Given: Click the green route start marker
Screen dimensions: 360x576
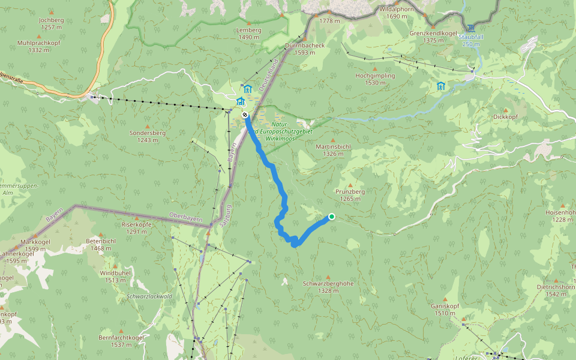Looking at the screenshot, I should [332, 217].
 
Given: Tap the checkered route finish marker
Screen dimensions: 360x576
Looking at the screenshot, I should [245, 115].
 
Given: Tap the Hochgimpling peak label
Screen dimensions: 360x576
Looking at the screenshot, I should [375, 76].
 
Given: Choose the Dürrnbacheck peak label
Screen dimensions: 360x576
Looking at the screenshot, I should [305, 45].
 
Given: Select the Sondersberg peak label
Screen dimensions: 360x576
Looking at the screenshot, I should [147, 133].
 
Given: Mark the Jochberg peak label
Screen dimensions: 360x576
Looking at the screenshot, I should [50, 20].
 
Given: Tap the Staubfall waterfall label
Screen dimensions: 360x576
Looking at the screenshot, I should [471, 37].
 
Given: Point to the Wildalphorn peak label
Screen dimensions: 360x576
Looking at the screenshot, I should [397, 10].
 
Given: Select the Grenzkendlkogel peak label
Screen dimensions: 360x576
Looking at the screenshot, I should [433, 33].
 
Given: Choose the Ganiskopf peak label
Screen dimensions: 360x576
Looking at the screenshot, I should [445, 305].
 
